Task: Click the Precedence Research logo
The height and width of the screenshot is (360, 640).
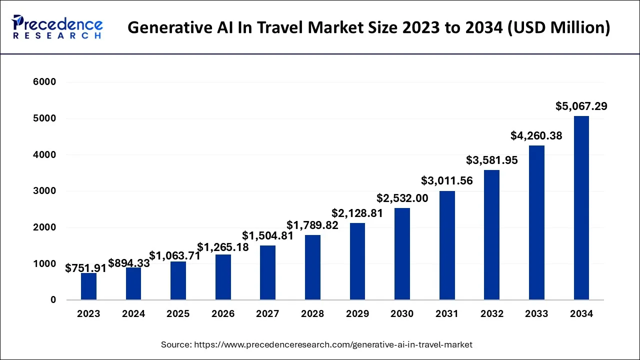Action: [57, 27]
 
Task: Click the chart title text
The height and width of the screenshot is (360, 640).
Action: [368, 27]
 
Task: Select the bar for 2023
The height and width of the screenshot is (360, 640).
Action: [88, 286]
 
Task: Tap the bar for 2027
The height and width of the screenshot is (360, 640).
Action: [268, 272]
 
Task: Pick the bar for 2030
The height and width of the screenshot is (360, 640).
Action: [402, 254]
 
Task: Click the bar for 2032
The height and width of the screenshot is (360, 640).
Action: [491, 235]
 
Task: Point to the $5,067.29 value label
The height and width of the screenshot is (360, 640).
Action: [581, 106]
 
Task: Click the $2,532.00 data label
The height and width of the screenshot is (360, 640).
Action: [402, 198]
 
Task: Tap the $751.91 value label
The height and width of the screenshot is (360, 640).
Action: [86, 268]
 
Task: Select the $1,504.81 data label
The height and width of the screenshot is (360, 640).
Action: [267, 235]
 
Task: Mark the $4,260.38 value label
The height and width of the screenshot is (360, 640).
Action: [536, 135]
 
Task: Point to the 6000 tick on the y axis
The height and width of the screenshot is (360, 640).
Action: [45, 82]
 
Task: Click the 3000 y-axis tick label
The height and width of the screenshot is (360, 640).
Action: [45, 191]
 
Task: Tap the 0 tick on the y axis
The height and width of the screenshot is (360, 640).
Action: [52, 300]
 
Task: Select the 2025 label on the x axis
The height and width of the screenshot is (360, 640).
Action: [178, 314]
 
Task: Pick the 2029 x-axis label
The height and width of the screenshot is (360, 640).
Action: [357, 314]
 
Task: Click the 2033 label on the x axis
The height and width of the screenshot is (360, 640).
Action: [536, 314]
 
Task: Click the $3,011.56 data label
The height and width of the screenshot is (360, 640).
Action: [447, 180]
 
